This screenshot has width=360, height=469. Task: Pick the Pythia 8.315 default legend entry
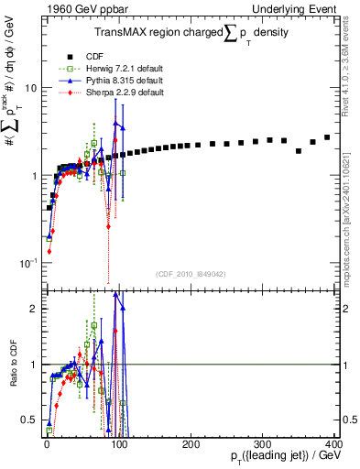click(x=115, y=82)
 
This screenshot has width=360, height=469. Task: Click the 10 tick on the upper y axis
click(x=29, y=89)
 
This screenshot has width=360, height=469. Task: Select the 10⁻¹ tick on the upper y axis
click(x=27, y=263)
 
